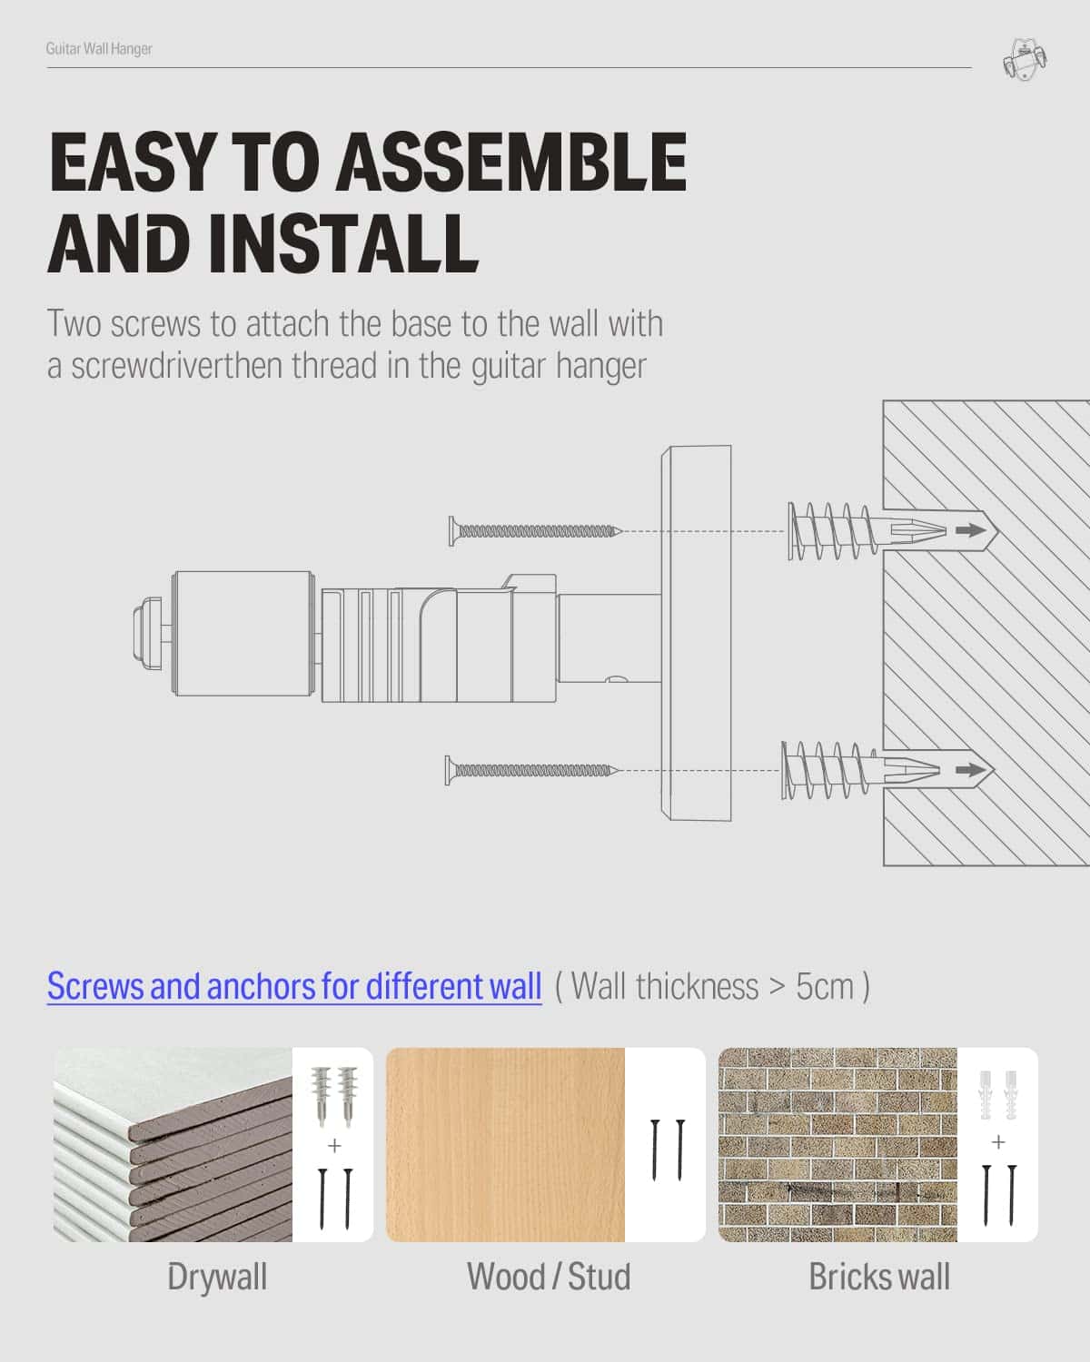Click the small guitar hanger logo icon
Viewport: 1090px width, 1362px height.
[x=1024, y=60]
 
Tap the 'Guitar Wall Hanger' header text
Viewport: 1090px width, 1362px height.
[x=99, y=49]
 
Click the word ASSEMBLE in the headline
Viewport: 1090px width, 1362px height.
[x=511, y=162]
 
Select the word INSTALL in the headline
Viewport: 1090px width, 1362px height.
[x=342, y=242]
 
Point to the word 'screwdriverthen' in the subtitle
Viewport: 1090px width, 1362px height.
[x=176, y=366]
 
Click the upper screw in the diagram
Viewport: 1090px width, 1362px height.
[x=535, y=531]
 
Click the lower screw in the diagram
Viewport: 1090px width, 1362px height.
[x=532, y=770]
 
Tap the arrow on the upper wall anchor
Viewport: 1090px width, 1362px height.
[x=971, y=530]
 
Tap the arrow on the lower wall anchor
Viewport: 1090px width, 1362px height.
[x=971, y=770]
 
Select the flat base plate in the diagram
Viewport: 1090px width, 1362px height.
[x=696, y=633]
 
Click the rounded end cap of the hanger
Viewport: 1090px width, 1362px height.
[x=147, y=633]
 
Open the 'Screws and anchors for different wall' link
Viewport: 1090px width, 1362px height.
[x=294, y=986]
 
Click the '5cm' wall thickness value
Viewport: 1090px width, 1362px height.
[x=825, y=986]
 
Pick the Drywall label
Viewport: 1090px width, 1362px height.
[x=217, y=1278]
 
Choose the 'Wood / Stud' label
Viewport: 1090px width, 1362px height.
[x=549, y=1277]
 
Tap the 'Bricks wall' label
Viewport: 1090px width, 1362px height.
[x=880, y=1277]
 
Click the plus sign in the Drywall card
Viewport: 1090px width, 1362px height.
[x=334, y=1145]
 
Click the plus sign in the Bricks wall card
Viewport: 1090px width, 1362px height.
[x=999, y=1141]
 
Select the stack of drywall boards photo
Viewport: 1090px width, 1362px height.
[x=173, y=1144]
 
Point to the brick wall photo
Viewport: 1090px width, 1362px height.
[x=837, y=1144]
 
